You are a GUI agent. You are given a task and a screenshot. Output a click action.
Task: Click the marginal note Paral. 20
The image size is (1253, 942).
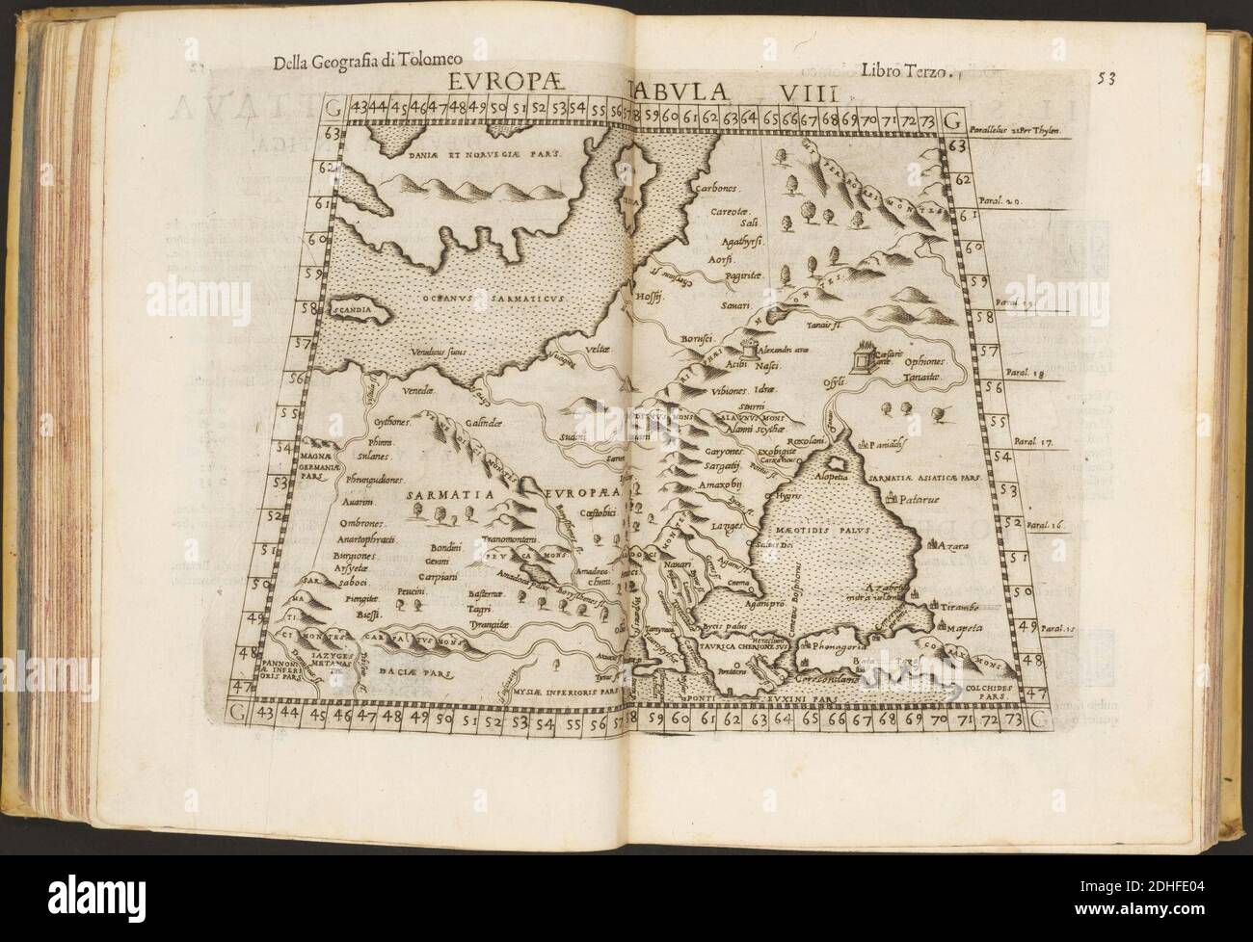[1016, 203]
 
